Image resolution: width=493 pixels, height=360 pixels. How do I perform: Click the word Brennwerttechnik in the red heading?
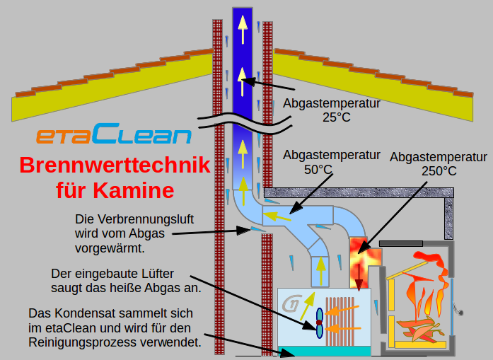tap(115, 166)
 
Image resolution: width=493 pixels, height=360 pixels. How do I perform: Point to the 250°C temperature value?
tap(439, 170)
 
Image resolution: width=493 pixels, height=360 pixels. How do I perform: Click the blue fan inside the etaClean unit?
tap(320, 323)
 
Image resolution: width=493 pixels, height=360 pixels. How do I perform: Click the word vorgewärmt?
tap(110, 248)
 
